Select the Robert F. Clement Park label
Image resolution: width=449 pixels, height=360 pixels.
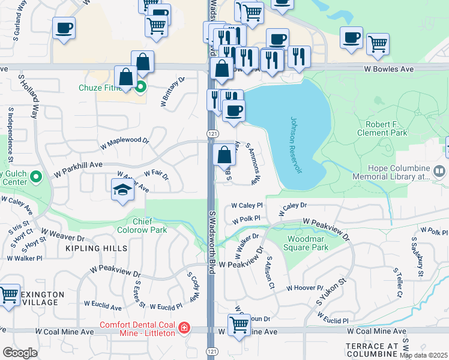382,128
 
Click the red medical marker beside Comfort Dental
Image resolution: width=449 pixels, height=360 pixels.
183,328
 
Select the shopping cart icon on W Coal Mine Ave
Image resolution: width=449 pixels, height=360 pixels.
239,325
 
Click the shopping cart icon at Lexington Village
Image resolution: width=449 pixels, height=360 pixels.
8,295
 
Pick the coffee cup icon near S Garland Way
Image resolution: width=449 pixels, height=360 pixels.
64,28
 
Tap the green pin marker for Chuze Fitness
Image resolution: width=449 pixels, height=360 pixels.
141,88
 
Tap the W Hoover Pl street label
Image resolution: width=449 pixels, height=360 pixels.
304,288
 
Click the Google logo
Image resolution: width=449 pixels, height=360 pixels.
20,353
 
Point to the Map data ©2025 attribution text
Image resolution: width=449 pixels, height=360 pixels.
424,355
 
